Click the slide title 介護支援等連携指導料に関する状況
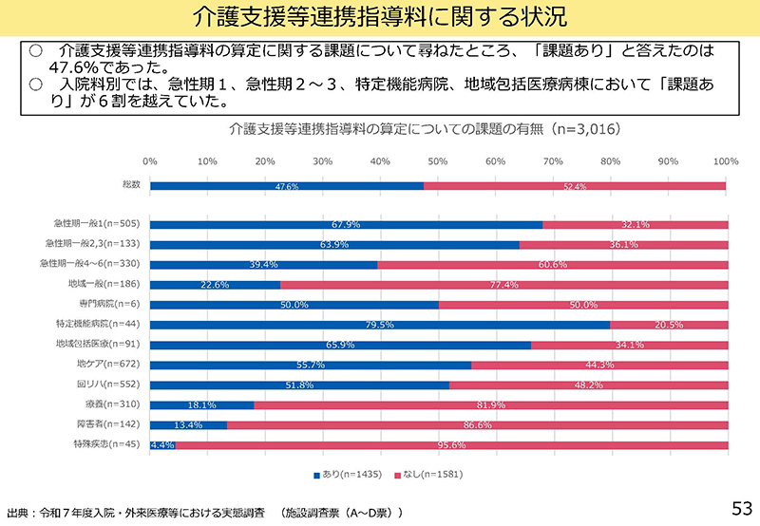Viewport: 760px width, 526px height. pyautogui.click(x=379, y=17)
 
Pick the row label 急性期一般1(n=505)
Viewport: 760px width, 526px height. pyautogui.click(x=98, y=224)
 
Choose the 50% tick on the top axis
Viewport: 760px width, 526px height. pyautogui.click(x=438, y=161)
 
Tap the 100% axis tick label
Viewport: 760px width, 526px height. pyautogui.click(x=726, y=161)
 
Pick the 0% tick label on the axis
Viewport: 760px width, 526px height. pyautogui.click(x=150, y=161)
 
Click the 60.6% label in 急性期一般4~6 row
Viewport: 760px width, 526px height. pyautogui.click(x=553, y=265)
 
